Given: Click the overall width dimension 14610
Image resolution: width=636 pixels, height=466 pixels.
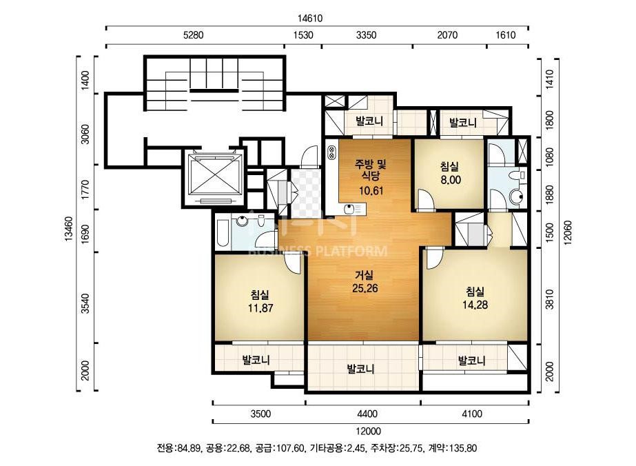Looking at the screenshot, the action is coord(310,18).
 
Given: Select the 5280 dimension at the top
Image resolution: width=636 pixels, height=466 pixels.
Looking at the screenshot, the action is coord(193,35).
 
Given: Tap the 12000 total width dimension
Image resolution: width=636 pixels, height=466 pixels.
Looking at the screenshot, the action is coord(369,431).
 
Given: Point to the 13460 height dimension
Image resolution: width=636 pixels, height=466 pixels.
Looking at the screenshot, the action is coord(68,229).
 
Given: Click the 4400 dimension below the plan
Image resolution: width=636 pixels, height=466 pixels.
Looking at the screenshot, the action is coord(367,414).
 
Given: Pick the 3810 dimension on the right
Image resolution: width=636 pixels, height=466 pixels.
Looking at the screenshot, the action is coord(549,299).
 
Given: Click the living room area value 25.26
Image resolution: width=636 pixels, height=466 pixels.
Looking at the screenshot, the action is coord(365,289).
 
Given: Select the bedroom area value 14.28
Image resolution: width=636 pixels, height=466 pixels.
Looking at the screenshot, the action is coord(475,305).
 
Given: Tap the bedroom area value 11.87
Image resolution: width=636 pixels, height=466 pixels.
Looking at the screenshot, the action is coord(260,308).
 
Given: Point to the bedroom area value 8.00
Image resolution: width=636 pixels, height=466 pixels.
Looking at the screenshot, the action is coord(451,180).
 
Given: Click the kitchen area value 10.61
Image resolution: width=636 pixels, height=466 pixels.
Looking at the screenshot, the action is coord(371,190).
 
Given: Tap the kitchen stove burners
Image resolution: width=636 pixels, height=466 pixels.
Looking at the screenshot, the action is coord(331,152).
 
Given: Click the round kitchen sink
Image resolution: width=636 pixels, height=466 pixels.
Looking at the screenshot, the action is coord(349,210).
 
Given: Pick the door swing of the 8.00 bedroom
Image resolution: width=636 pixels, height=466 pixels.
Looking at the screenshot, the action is coord(426,200).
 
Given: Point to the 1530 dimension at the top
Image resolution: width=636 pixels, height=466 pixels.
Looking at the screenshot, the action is coord(303,35).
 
